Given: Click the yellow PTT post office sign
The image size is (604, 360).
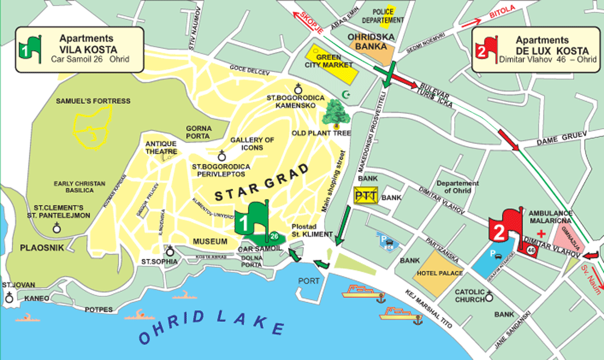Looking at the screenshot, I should (x=366, y=197).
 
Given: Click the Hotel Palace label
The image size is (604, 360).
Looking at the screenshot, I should (x=440, y=273).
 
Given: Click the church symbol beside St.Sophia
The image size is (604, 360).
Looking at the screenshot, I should (x=170, y=251).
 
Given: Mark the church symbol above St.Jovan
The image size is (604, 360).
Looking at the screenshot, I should (x=9, y=296).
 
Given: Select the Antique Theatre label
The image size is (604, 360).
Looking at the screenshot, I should (x=161, y=148).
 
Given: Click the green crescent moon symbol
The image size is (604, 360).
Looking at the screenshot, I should (x=346, y=94).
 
